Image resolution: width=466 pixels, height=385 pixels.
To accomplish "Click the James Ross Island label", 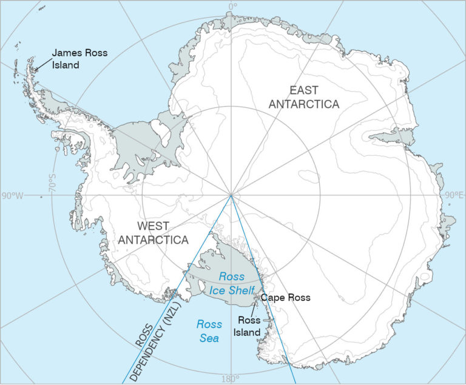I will pos(79,59).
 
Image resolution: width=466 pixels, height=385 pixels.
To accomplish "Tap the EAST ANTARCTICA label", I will pos(304,97).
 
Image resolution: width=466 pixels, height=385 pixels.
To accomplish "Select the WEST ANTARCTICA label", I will pos(153,233).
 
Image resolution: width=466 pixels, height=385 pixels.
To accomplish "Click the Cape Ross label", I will pos(285,298).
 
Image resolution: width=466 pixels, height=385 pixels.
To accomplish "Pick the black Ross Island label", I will pos(248,326).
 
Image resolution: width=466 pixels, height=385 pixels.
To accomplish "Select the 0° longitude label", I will pos(232,7).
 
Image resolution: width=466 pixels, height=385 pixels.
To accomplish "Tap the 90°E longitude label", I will pos(454,196).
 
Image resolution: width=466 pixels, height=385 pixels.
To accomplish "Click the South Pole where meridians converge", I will pos(231,195).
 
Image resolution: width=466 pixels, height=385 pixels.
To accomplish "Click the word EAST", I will pos(304,90).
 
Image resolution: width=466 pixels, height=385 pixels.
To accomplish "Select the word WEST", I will pos(153,226).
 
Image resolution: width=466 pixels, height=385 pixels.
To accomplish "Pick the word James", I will pos(67,53).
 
